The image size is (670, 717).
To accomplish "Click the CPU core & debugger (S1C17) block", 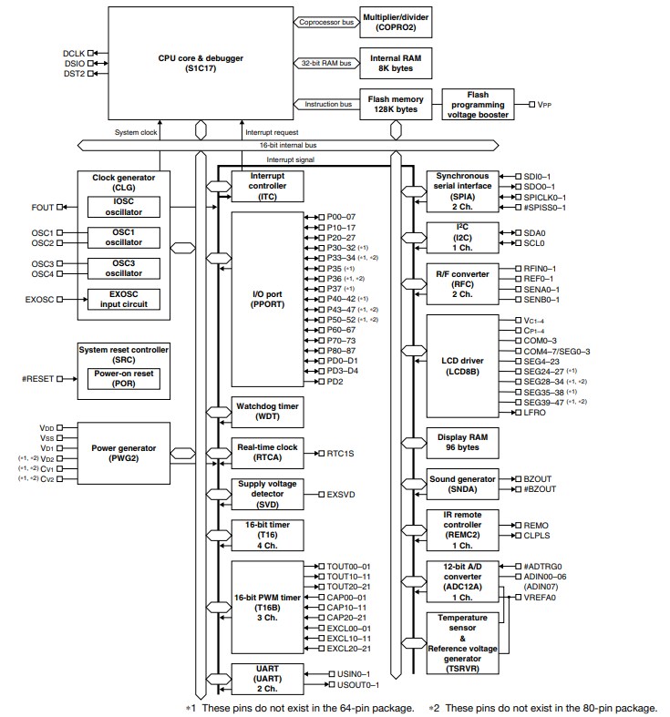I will pyautogui.click(x=200, y=64).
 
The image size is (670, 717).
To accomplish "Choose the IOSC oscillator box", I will pyautogui.click(x=123, y=207).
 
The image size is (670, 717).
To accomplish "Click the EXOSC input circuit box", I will pyautogui.click(x=123, y=299).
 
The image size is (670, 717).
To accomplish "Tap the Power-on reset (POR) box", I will pyautogui.click(x=123, y=379).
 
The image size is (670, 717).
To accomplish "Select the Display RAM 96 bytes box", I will pyautogui.click(x=464, y=444).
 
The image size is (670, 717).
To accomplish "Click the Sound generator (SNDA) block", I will pyautogui.click(x=464, y=484).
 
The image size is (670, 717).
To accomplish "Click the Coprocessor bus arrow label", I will pyautogui.click(x=324, y=23).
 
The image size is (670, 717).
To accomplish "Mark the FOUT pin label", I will pyautogui.click(x=43, y=207).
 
